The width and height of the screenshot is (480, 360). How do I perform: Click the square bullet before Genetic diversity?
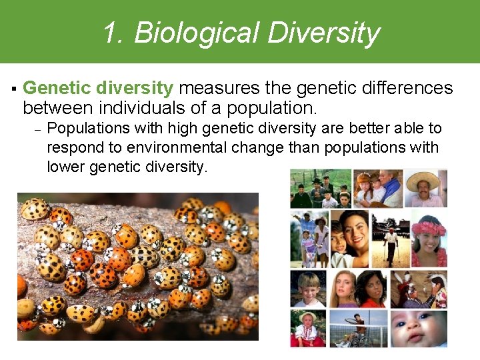coord(13,89)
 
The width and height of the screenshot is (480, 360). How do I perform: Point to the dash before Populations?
coord(38,129)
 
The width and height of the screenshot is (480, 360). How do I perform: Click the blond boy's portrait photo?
coord(309,289)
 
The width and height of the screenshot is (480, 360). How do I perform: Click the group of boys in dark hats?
coord(320,189)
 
